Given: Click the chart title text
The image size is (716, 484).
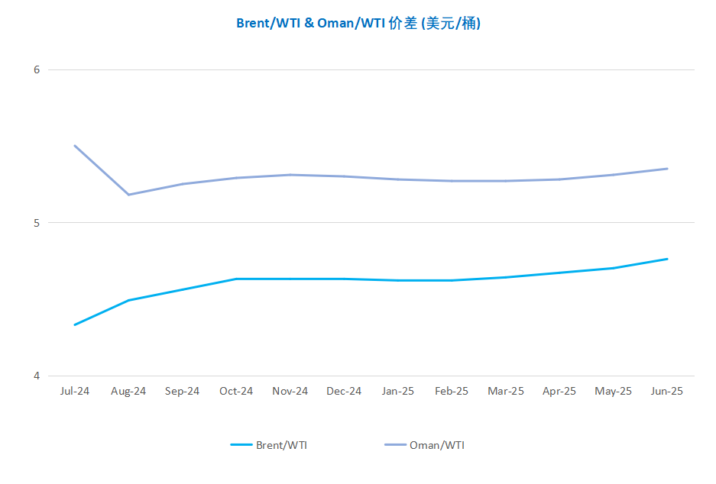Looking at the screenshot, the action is [x=358, y=23].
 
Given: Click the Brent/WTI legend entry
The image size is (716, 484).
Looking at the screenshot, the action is [x=269, y=445].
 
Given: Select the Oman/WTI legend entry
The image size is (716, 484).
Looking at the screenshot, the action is [x=425, y=445].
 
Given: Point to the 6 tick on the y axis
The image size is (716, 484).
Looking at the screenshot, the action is [x=37, y=69].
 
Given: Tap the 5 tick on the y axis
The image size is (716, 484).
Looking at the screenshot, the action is [x=37, y=223].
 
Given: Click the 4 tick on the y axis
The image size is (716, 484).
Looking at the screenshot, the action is [x=37, y=376].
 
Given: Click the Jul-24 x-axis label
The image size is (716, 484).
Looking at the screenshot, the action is [x=75, y=392].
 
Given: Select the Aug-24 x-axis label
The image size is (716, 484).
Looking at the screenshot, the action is [x=128, y=392].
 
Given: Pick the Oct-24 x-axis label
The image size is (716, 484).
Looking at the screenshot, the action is [x=236, y=392].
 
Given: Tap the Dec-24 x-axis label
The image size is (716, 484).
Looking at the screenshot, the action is [x=344, y=392].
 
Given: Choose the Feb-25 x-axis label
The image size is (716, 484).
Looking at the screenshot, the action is [x=452, y=392].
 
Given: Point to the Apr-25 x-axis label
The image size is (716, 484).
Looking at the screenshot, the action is [x=559, y=392].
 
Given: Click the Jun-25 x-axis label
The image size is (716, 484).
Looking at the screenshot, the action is [x=667, y=392].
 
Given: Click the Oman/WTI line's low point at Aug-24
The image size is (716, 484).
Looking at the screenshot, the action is [x=129, y=195].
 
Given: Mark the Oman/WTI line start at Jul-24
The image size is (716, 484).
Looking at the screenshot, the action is [x=75, y=146].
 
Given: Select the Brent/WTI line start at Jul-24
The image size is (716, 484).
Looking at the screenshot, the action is [x=75, y=324].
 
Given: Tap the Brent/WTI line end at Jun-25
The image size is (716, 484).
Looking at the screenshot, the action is [x=667, y=259].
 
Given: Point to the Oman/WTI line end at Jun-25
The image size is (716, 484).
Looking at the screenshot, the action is [x=667, y=169].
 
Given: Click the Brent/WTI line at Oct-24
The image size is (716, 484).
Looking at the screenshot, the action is [x=236, y=279].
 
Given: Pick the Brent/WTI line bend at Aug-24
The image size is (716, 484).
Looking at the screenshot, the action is [x=129, y=300].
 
